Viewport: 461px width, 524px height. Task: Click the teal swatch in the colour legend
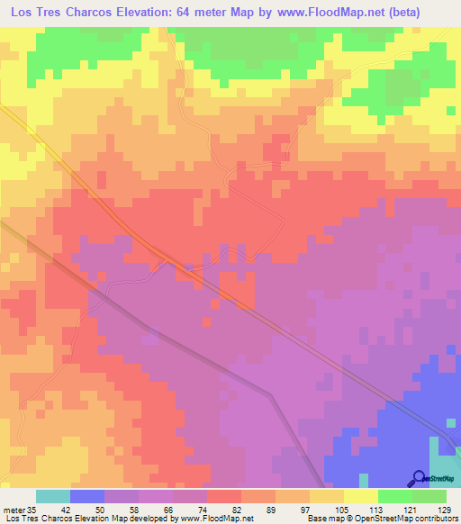coord(52,497)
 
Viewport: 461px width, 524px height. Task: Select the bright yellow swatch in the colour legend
coord(360,497)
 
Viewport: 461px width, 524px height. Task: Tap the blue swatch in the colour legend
coord(86,497)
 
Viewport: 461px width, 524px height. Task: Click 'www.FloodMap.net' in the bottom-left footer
coord(217,519)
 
